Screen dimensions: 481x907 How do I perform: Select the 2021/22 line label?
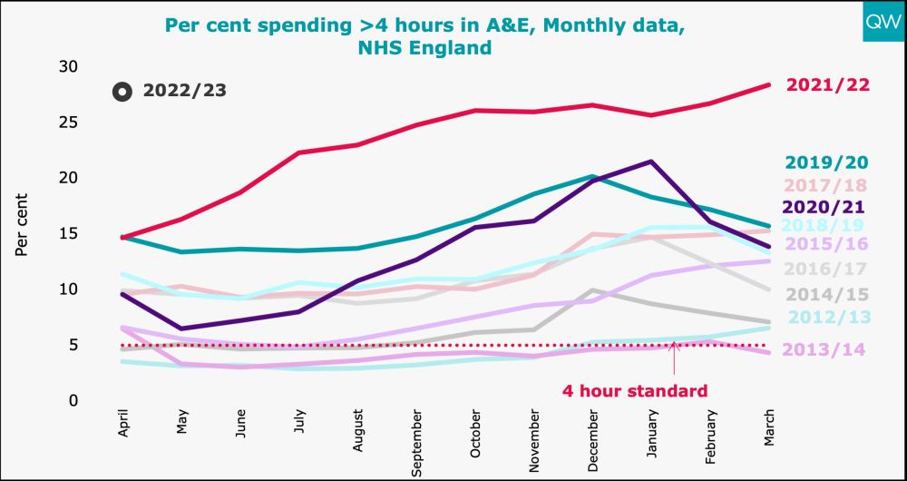pyautogui.click(x=828, y=84)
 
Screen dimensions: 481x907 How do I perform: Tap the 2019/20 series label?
pyautogui.click(x=826, y=162)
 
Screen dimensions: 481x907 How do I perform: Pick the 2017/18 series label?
pyautogui.click(x=826, y=185)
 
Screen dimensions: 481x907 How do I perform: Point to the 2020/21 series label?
pyautogui.click(x=826, y=207)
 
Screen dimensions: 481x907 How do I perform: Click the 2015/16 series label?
pyautogui.click(x=826, y=244)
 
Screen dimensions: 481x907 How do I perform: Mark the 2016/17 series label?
pyautogui.click(x=826, y=269)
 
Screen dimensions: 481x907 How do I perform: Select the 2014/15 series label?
pyautogui.click(x=826, y=294)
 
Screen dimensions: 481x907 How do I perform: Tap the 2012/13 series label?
pyautogui.click(x=826, y=317)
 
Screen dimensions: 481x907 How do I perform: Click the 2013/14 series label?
pyautogui.click(x=826, y=349)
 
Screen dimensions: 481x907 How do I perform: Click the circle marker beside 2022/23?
pyautogui.click(x=120, y=92)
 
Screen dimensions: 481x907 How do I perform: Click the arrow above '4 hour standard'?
pyautogui.click(x=674, y=358)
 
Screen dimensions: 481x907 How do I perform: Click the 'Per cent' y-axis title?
pyautogui.click(x=22, y=223)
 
